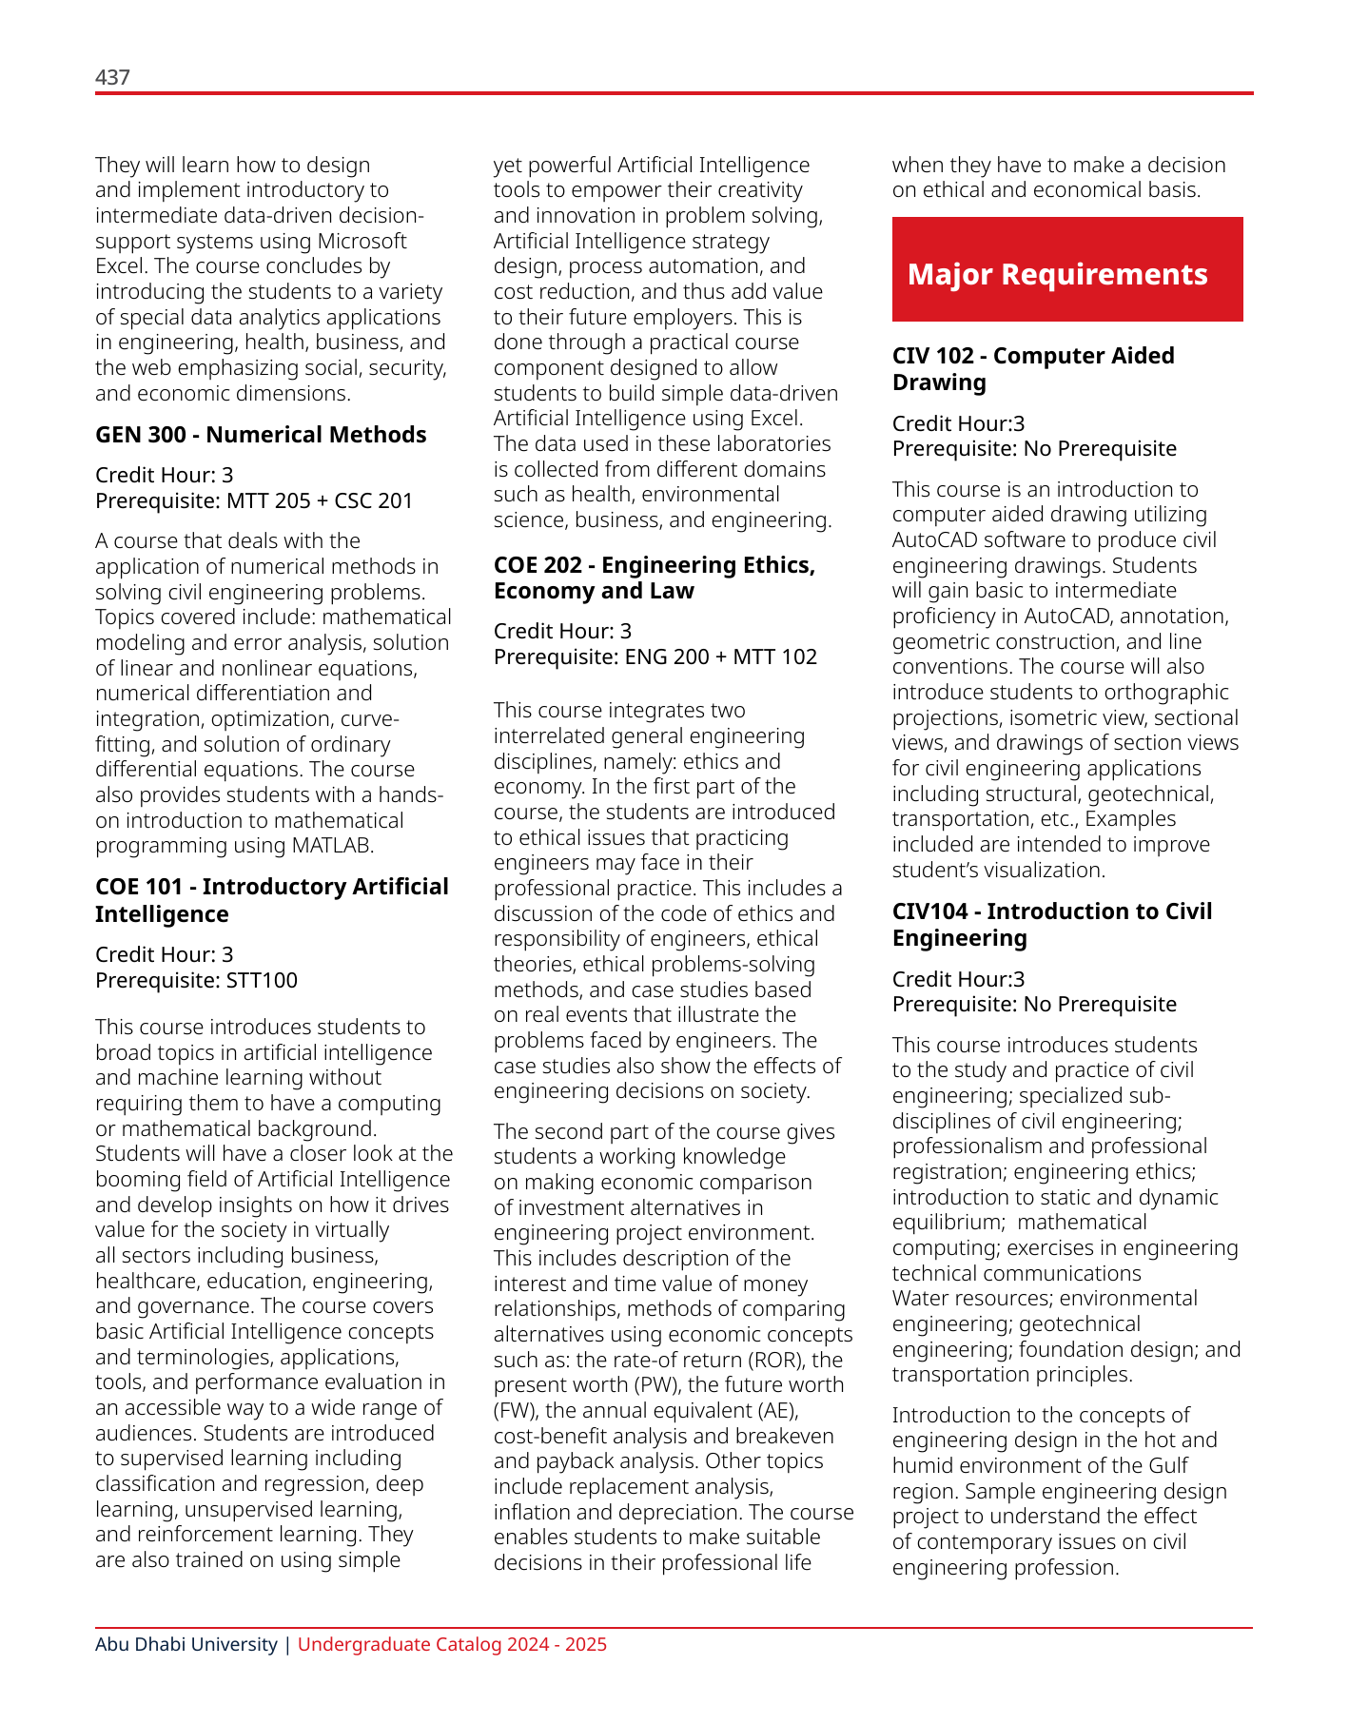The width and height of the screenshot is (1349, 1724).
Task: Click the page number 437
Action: (x=112, y=77)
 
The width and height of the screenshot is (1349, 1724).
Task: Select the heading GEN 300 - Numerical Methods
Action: (x=261, y=435)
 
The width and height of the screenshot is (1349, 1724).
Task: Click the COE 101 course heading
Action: (x=271, y=900)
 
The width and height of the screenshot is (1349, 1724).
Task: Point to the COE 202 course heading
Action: (x=654, y=578)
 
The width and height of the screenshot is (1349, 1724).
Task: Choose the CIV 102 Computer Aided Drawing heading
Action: (x=1032, y=368)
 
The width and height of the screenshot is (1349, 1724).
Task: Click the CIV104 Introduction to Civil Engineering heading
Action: (x=1051, y=924)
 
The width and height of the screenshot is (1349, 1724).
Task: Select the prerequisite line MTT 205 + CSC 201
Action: (x=254, y=500)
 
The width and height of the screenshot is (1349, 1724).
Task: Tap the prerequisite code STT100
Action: (x=262, y=980)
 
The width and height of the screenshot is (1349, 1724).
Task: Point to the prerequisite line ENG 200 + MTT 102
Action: (x=655, y=656)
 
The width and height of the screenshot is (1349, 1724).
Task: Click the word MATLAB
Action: (x=332, y=845)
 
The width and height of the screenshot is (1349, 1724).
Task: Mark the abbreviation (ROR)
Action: (x=772, y=1360)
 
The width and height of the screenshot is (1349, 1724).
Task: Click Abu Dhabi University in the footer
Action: (x=186, y=1644)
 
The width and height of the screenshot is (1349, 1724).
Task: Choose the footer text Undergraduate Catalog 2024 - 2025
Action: (x=452, y=1644)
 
